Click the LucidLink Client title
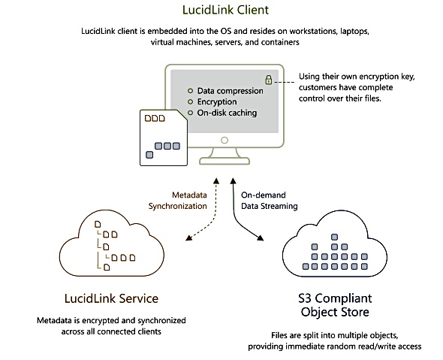pos(225,10)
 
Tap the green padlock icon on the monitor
pos(268,80)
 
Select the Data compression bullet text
pos(230,91)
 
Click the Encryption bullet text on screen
pos(217,101)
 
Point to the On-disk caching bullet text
pos(227,113)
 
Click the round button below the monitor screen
pos(225,141)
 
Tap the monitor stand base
pos(225,161)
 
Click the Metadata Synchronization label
pos(178,201)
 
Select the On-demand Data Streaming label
pos(270,201)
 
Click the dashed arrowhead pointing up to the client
pos(216,181)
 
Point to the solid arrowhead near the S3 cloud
pos(261,237)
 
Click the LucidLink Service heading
pos(111,298)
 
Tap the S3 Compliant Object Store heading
pos(335,305)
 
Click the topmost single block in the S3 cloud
pos(335,237)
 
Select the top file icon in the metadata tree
pos(98,224)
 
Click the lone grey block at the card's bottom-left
pos(149,155)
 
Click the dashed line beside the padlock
pos(285,82)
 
